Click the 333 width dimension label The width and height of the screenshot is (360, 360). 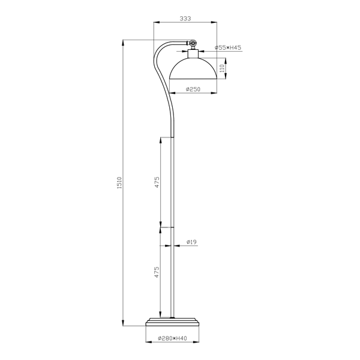tap(185, 19)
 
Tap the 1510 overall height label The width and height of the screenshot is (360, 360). tap(119, 183)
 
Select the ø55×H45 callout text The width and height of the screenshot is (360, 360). tap(228, 48)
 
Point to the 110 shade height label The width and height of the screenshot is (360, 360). tap(222, 68)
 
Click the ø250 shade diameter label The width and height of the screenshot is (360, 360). tap(193, 89)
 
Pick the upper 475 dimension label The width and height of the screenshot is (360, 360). tap(157, 182)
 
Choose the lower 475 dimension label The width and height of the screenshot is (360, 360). tap(157, 272)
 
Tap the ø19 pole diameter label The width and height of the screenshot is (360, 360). tap(192, 242)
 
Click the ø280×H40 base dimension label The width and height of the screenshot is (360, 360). tap(172, 338)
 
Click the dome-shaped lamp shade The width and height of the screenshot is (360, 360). tap(193, 69)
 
